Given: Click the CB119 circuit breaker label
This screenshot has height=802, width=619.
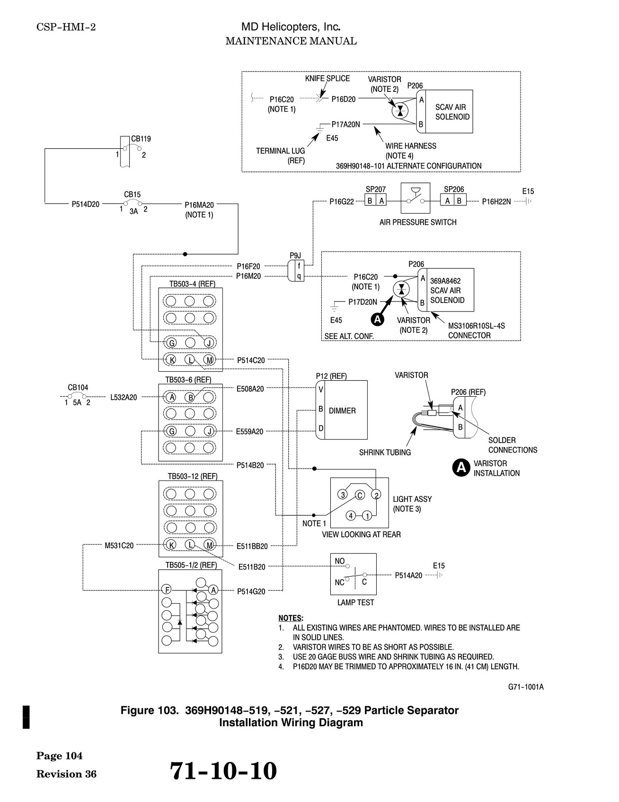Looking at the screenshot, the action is [141, 139].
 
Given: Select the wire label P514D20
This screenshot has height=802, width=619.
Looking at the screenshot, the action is [86, 205].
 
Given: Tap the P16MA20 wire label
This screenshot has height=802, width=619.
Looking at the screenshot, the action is [199, 205].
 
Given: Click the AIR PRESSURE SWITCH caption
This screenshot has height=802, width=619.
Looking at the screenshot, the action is [418, 222].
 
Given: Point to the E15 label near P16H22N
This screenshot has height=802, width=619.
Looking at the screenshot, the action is [528, 191].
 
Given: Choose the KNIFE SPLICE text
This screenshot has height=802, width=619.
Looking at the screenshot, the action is [327, 79].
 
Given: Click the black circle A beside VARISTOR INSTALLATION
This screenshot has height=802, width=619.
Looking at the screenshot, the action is [460, 468].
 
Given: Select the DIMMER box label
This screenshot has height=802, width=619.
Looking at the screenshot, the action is [342, 411].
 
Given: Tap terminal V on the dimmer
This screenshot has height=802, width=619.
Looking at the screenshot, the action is [321, 389].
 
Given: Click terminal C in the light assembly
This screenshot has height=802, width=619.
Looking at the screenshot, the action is [360, 495].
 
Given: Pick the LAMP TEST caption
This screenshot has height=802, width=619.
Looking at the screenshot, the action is [355, 603].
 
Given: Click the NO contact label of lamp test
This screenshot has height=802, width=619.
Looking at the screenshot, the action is [340, 561].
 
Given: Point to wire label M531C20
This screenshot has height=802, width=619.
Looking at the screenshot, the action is [119, 545].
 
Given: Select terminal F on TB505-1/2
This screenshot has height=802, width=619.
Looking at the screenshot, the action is [167, 590].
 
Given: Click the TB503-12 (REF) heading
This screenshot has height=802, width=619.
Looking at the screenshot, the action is [193, 476].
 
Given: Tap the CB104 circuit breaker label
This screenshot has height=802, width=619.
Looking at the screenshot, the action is [78, 387].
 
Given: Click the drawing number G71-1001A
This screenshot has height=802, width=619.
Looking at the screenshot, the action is [522, 687].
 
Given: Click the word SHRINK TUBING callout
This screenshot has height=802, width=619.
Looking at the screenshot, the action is [385, 453].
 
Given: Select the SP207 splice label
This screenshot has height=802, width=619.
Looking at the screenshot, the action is [376, 189].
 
